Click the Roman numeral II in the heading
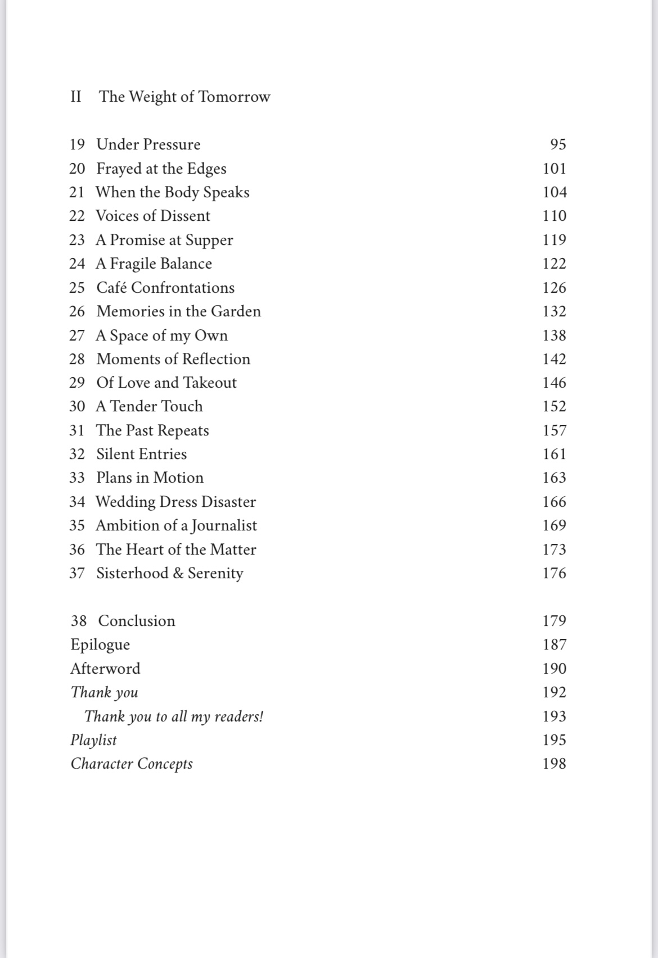click(x=76, y=97)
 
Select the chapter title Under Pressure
click(x=148, y=144)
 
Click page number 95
click(x=558, y=144)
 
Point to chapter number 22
click(x=77, y=216)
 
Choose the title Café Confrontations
click(x=165, y=288)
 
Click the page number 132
click(x=554, y=311)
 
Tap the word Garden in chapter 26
click(x=236, y=311)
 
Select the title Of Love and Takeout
click(x=166, y=383)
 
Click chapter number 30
click(x=77, y=406)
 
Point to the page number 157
click(x=554, y=430)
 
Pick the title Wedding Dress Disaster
click(x=175, y=502)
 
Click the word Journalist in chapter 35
click(x=224, y=525)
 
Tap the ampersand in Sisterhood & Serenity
click(x=178, y=573)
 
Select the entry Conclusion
click(x=137, y=621)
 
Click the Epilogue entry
click(x=100, y=644)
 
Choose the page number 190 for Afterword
click(x=554, y=669)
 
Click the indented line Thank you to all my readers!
click(x=174, y=716)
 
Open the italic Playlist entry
click(x=93, y=740)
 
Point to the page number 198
click(x=554, y=764)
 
